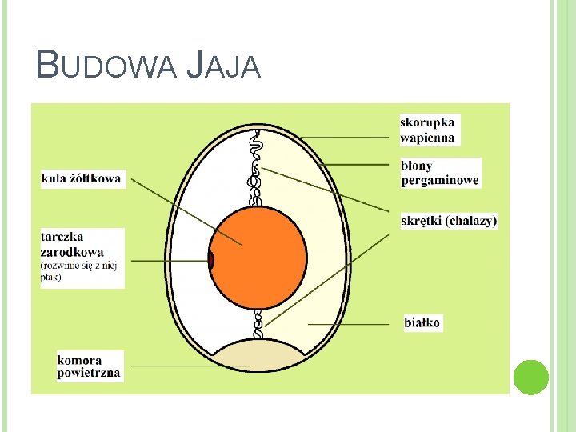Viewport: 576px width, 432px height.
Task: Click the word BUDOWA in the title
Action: [x=106, y=65]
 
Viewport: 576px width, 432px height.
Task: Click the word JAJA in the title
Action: [x=223, y=65]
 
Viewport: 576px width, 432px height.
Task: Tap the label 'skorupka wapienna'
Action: [x=428, y=130]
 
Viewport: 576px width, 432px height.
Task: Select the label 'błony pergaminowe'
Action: [x=439, y=173]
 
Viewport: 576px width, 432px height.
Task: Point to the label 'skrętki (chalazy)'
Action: [x=449, y=220]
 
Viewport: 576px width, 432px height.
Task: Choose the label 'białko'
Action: [x=422, y=323]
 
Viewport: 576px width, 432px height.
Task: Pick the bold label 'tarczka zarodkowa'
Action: [x=72, y=244]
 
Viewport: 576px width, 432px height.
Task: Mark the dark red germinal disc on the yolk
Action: [x=212, y=261]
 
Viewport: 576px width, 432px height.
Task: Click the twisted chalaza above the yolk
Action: [x=256, y=168]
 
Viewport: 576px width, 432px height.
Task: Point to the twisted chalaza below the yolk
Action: [x=258, y=324]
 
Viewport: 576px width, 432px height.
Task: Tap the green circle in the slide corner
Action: [x=530, y=377]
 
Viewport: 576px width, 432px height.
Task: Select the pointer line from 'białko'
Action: [x=352, y=324]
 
